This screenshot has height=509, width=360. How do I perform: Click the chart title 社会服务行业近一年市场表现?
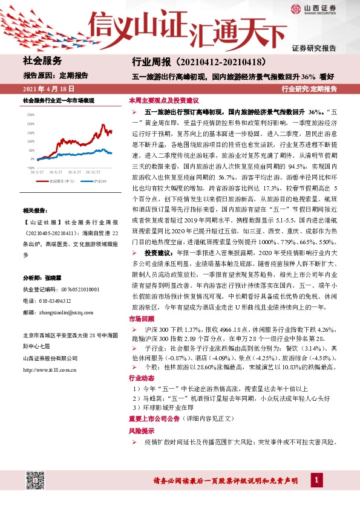click(x=58, y=99)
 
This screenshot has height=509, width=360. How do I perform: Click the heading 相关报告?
click(x=33, y=210)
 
